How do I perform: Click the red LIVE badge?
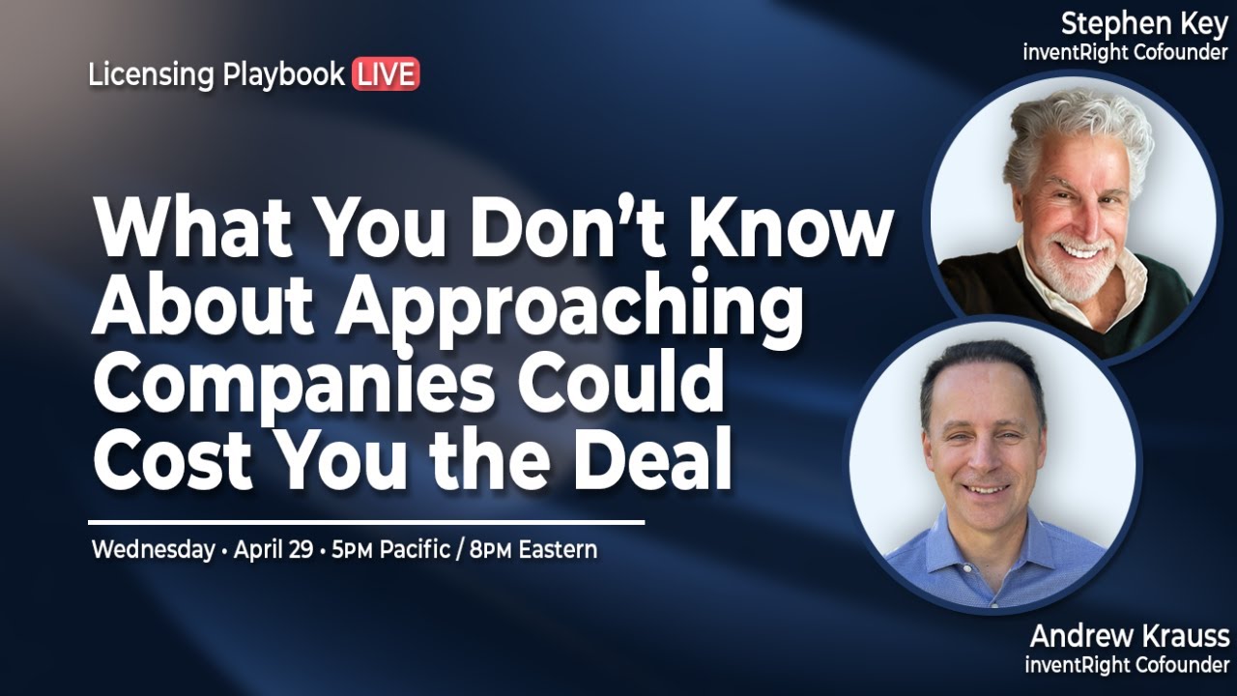(386, 74)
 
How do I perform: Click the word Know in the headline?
(792, 229)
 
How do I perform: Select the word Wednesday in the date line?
(153, 550)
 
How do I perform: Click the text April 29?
(273, 550)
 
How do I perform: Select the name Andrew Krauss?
(1129, 636)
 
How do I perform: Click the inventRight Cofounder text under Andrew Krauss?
(1127, 665)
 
